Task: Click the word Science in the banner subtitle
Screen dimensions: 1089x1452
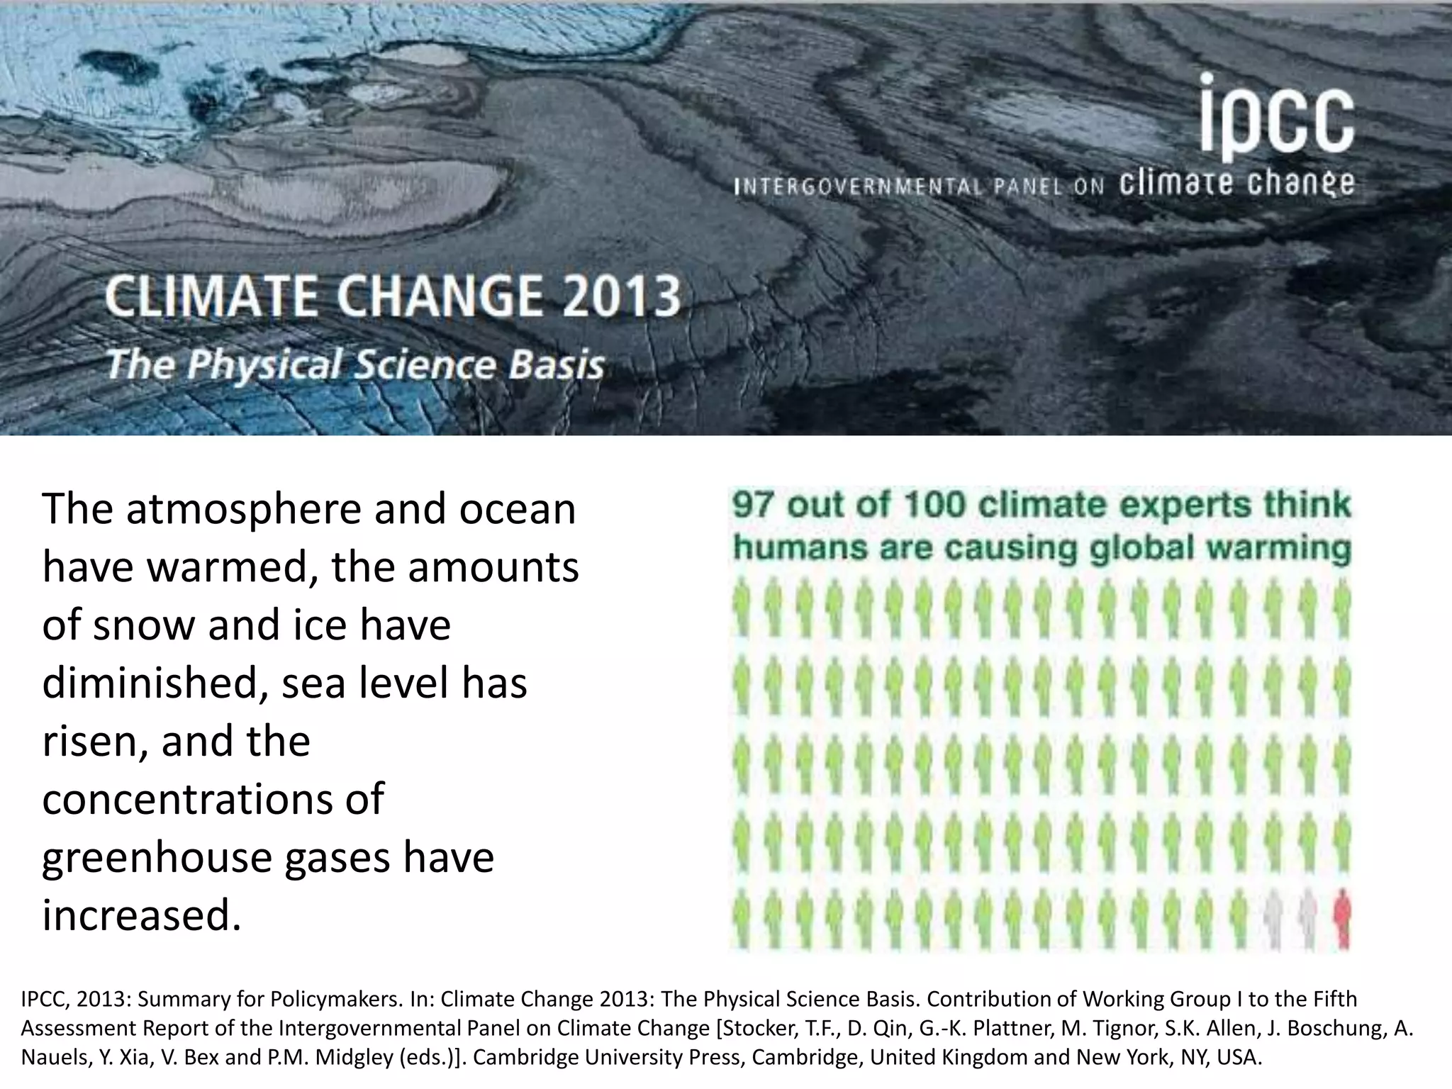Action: pos(425,365)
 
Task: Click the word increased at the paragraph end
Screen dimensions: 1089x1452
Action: pos(141,915)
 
